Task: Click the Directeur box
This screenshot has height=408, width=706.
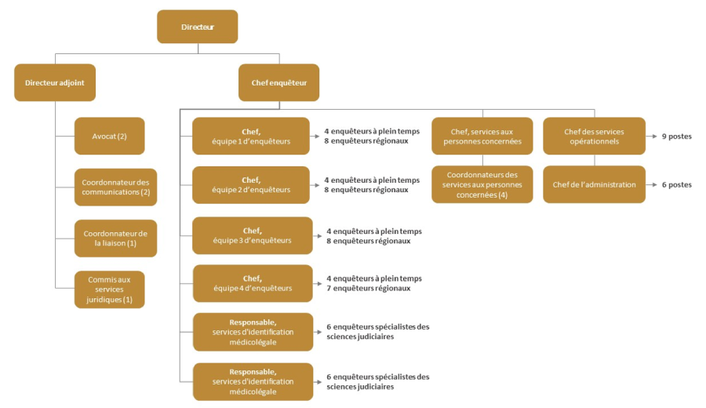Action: (x=197, y=27)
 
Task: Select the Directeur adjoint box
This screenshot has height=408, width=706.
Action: (x=55, y=82)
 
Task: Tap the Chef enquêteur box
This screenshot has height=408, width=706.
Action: (x=278, y=82)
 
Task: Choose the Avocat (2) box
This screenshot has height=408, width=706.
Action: (x=110, y=136)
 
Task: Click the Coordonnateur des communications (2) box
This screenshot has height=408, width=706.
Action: (x=116, y=187)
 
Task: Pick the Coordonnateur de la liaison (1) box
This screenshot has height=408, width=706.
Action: (x=116, y=238)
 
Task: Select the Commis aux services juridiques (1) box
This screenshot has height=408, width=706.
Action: (x=110, y=290)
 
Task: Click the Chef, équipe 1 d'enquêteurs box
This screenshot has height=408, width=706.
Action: (x=251, y=137)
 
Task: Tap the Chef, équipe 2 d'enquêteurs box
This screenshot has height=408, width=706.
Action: (x=251, y=184)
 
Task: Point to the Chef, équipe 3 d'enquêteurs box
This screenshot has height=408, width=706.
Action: (x=252, y=235)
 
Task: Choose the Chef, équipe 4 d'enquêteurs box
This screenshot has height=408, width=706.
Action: (x=252, y=283)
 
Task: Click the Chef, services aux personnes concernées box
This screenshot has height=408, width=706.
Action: (x=482, y=137)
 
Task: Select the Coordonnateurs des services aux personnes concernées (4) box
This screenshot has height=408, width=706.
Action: (x=482, y=184)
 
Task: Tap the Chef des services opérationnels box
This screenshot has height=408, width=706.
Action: (x=594, y=137)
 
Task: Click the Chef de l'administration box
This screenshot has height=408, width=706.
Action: (x=594, y=184)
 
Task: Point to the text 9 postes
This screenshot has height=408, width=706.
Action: (x=677, y=137)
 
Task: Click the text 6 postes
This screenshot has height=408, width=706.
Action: (x=677, y=185)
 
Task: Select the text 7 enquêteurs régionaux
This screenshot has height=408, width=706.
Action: (x=368, y=288)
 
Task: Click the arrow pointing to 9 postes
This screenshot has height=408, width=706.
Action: (x=653, y=137)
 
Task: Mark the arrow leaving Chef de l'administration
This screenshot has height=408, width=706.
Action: (x=653, y=185)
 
